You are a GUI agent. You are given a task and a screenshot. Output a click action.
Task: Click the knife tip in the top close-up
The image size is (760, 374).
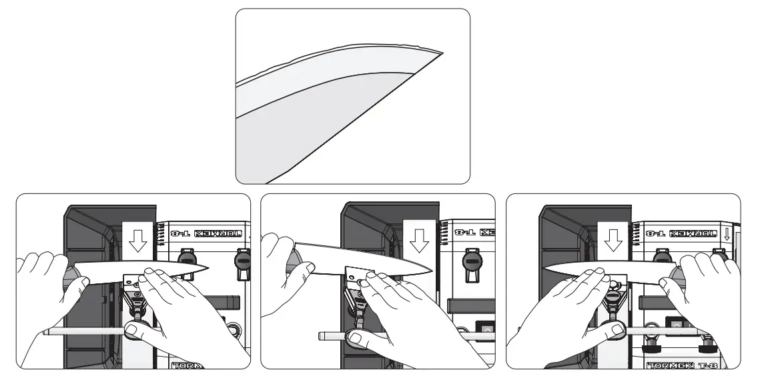coord(442,52)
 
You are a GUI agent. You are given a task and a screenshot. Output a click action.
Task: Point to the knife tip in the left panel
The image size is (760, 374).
coord(208,268)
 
